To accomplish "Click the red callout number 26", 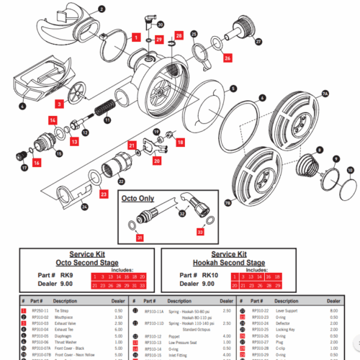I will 228,57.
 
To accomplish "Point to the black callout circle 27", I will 258,42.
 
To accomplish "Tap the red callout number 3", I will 60,105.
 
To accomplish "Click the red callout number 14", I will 53,120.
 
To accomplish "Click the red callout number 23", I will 104,194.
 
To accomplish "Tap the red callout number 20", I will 156,161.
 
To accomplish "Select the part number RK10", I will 210,274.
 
